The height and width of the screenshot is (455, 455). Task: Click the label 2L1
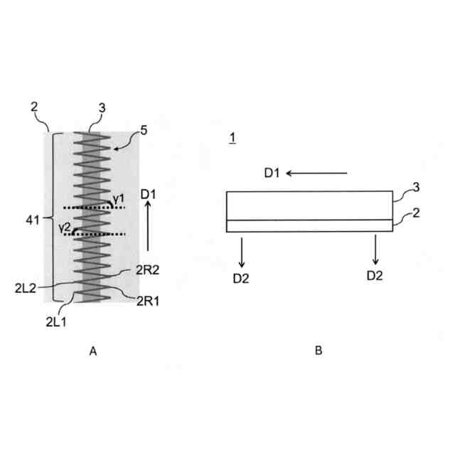pyautogui.click(x=56, y=322)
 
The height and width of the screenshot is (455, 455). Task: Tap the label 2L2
pyautogui.click(x=26, y=289)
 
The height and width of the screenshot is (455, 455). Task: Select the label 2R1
pyautogui.click(x=148, y=301)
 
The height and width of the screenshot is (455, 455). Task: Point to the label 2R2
pyautogui.click(x=148, y=270)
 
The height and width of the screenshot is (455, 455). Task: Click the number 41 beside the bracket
pyautogui.click(x=33, y=220)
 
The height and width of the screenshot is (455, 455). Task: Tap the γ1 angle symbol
pyautogui.click(x=119, y=199)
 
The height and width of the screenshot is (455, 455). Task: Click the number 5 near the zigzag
pyautogui.click(x=144, y=131)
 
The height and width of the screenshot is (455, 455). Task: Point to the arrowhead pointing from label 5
pyautogui.click(x=116, y=149)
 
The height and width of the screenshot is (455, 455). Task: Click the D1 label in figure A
pyautogui.click(x=148, y=194)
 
